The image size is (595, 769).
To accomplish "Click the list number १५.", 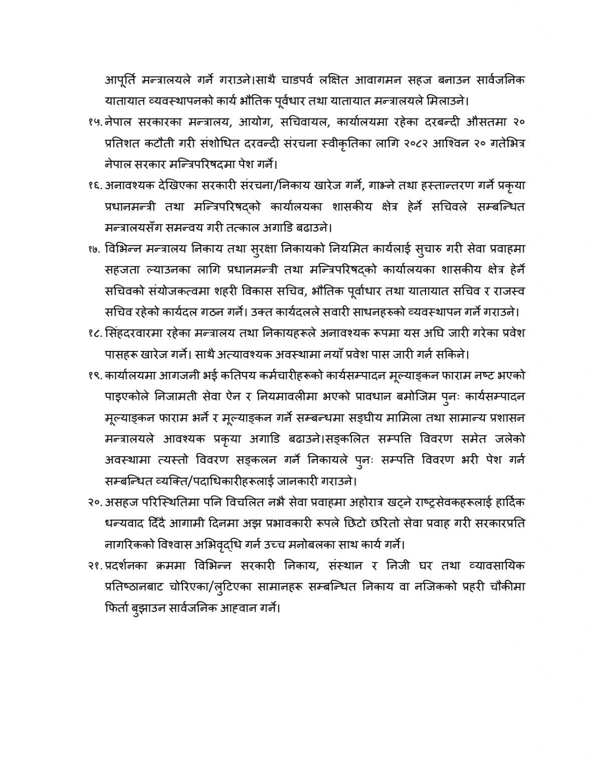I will coord(94,122).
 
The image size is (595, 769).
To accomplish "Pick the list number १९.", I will coord(94,375).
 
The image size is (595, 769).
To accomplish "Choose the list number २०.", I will coord(94,502).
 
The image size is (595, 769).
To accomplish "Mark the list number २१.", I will coord(94,566).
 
